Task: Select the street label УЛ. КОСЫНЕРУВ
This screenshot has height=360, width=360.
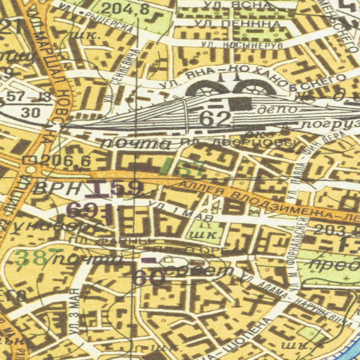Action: pos(242,45)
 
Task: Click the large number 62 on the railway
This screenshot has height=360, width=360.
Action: pos(215,120)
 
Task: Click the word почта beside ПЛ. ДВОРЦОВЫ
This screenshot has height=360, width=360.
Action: pos(136,143)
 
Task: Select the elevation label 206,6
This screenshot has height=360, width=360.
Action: pos(65,161)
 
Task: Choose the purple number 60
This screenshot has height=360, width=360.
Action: pos(149,278)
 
